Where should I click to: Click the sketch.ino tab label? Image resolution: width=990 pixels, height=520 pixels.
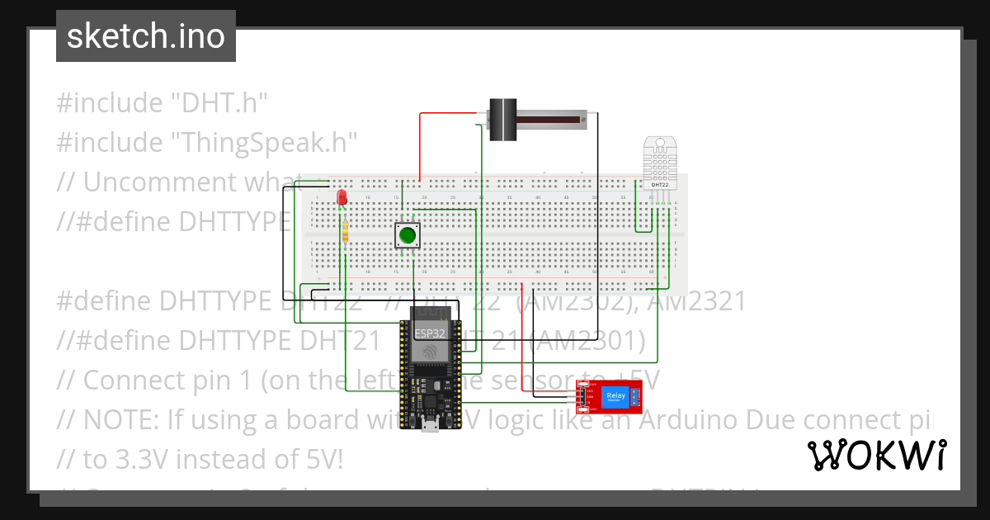pyautogui.click(x=145, y=36)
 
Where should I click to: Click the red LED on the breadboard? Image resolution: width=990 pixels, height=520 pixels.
pyautogui.click(x=342, y=197)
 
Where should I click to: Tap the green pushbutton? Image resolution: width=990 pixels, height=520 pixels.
pyautogui.click(x=407, y=235)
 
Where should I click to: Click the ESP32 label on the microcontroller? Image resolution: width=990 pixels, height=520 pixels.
pyautogui.click(x=430, y=333)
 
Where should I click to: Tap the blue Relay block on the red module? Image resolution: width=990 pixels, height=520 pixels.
pyautogui.click(x=616, y=397)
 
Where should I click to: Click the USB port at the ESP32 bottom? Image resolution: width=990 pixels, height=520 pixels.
pyautogui.click(x=430, y=425)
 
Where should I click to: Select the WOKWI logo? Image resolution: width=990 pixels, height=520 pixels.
pyautogui.click(x=876, y=455)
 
